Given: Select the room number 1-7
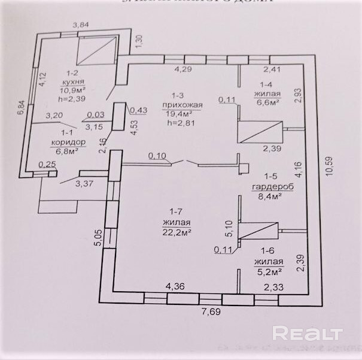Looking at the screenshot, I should (175, 211).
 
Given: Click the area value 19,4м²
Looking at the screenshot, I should (178, 113).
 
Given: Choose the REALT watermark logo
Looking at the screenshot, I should (307, 333).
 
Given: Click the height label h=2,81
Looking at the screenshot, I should (178, 123).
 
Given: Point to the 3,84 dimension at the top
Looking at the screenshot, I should (80, 25).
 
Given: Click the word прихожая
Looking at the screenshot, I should (178, 104).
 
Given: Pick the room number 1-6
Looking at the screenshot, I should (267, 253).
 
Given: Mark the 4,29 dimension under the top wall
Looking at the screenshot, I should (183, 70).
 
